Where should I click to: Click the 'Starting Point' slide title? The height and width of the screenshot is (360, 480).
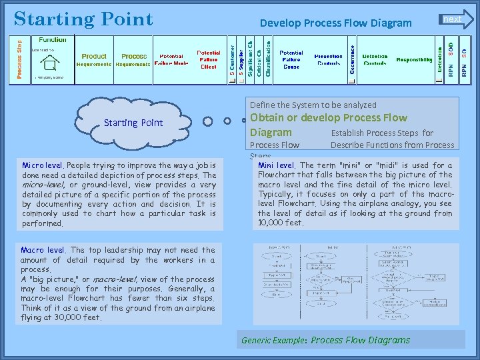[83, 19]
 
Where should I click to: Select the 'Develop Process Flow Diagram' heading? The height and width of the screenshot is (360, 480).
[335, 23]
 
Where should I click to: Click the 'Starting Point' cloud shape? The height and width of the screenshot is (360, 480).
[133, 123]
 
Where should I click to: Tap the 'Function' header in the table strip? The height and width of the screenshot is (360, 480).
[53, 40]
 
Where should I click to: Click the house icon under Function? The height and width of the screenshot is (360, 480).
[49, 64]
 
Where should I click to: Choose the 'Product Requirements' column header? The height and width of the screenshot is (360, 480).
[94, 60]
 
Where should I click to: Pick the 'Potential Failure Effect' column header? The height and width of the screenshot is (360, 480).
[208, 59]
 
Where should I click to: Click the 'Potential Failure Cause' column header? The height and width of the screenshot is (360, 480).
[291, 59]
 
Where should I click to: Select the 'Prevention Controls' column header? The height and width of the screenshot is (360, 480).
[328, 60]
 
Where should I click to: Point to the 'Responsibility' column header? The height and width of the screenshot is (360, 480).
[414, 60]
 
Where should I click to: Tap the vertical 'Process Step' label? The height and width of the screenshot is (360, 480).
[19, 59]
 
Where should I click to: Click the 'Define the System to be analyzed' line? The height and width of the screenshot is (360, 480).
[313, 105]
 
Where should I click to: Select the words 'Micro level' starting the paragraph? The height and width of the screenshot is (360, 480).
[43, 165]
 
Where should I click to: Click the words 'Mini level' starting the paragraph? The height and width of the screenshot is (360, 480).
[276, 165]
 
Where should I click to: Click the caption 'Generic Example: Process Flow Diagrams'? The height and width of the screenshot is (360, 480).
[325, 340]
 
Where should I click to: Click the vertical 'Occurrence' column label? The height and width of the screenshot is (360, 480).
[351, 60]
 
